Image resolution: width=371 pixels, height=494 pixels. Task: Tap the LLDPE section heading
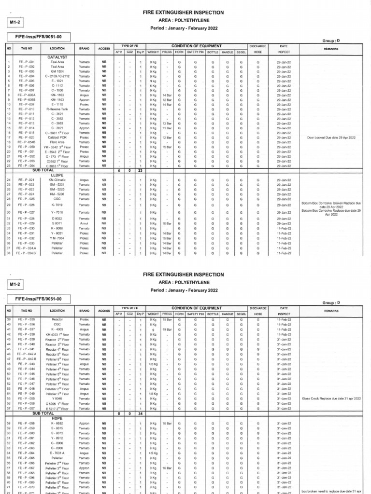pos(57,175)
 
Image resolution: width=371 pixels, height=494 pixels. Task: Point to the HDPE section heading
pos(57,418)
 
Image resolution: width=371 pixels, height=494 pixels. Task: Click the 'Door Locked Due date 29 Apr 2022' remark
pos(331,137)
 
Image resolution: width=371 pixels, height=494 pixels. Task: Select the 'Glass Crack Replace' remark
pos(331,399)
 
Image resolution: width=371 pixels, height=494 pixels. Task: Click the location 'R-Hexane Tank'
pos(57,110)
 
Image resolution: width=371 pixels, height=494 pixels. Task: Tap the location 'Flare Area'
pos(57,142)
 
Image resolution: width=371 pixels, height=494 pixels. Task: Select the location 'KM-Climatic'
pos(57,180)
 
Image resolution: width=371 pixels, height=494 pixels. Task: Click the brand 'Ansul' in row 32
pos(85,224)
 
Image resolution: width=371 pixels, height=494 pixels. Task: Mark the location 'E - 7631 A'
pos(57,453)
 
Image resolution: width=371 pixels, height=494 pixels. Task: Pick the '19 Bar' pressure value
pos(167,329)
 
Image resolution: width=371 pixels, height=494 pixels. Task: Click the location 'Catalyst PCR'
pos(57,137)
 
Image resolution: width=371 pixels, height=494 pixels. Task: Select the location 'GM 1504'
pos(57,71)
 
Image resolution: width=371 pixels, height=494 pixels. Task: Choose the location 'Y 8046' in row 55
pos(57,399)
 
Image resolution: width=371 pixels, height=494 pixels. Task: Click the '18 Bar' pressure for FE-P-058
pos(167,423)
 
